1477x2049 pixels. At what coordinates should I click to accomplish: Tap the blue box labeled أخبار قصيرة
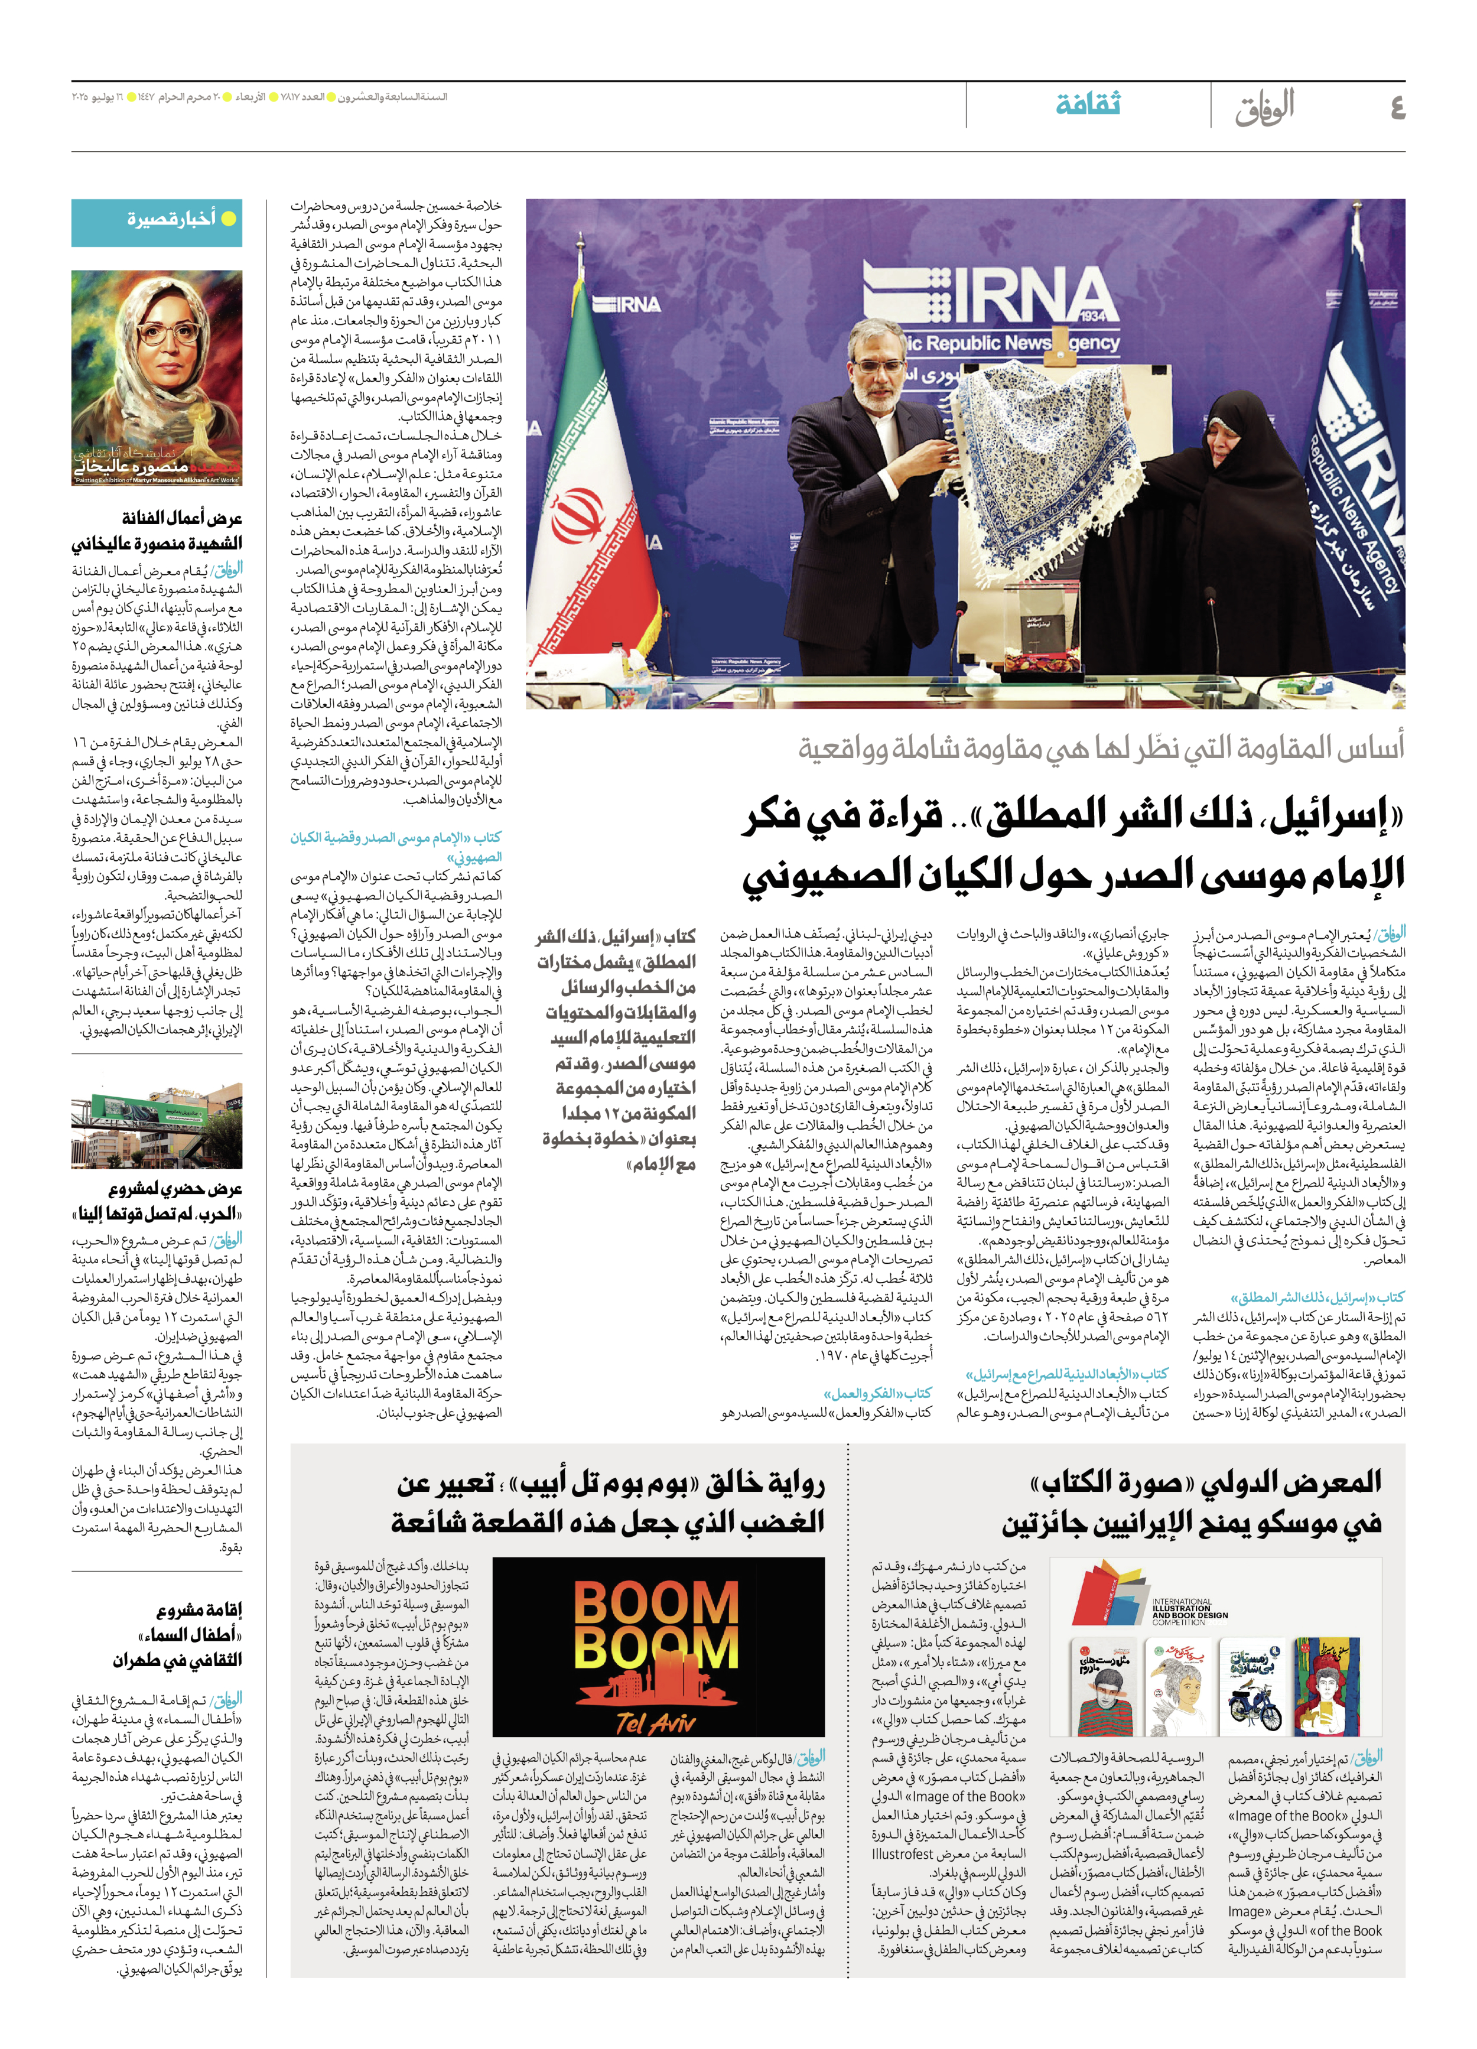pyautogui.click(x=157, y=222)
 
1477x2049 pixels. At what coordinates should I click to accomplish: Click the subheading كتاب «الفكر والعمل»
pyautogui.click(x=877, y=1393)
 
